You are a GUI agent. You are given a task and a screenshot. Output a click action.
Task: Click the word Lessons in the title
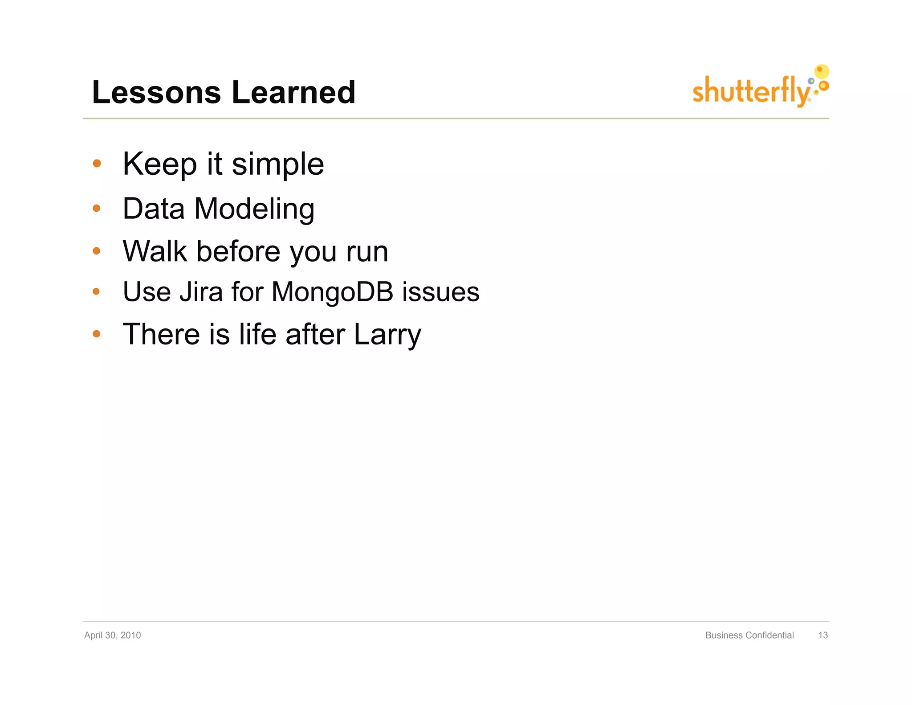tap(156, 93)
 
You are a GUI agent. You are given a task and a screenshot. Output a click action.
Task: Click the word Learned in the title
tap(293, 93)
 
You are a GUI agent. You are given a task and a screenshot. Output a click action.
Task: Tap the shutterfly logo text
tap(751, 91)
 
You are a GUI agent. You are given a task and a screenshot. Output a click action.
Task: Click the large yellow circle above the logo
tap(822, 71)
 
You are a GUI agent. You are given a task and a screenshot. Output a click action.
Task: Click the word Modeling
tap(254, 209)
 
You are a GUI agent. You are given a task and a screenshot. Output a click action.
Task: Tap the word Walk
tap(155, 251)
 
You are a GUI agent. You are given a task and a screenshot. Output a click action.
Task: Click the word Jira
tap(201, 292)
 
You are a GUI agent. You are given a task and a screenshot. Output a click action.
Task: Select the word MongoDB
tap(332, 292)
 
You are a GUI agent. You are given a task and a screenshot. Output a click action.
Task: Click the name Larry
tap(387, 335)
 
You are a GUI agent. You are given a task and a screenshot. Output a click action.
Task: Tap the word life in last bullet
tap(257, 334)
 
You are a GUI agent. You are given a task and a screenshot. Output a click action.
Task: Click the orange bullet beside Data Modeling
tap(97, 208)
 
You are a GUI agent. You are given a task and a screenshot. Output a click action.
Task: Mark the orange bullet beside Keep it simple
tap(97, 164)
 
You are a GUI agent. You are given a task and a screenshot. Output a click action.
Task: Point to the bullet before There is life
tap(97, 334)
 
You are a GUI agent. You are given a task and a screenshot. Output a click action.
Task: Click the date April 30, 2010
tap(113, 635)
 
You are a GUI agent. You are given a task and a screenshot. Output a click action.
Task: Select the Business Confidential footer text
tap(749, 635)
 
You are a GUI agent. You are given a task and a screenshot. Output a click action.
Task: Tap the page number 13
tap(822, 635)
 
